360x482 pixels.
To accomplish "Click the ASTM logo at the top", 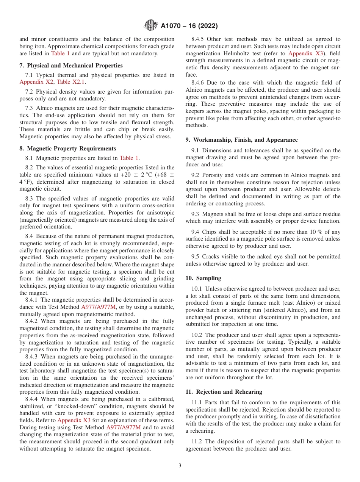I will (x=151, y=26).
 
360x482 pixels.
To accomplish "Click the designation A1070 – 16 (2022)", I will (x=189, y=26).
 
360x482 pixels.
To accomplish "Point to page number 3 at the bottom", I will (x=180, y=466).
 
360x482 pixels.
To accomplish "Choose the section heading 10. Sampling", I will (x=203, y=278).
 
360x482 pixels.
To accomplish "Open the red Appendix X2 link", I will (x=37, y=82).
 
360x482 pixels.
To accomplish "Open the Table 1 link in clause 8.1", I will (x=129, y=158).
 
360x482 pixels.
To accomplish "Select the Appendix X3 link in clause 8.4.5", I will (x=305, y=53).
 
